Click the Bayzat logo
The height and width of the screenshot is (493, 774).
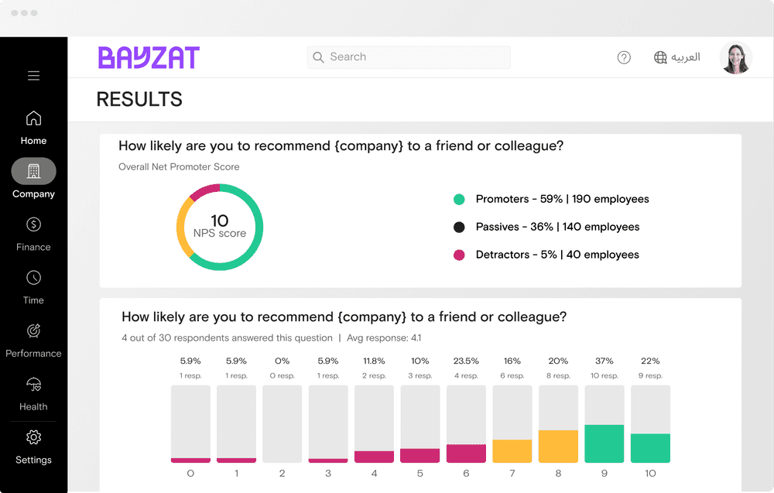[x=149, y=57]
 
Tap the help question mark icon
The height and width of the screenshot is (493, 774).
[x=624, y=57]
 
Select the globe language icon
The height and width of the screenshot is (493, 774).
[x=660, y=57]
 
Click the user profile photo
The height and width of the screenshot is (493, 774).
[x=735, y=58]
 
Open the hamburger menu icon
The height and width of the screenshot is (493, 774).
[x=33, y=76]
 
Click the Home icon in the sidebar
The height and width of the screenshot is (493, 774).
[x=33, y=118]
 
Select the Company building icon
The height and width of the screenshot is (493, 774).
[x=33, y=171]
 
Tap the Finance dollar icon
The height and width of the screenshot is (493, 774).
[x=33, y=224]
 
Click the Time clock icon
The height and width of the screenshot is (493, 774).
[x=33, y=278]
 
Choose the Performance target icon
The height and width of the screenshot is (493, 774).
[x=33, y=331]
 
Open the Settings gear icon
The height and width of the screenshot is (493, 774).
[x=33, y=437]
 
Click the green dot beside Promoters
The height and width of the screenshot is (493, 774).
[x=459, y=200]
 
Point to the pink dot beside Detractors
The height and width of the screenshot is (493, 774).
[x=459, y=255]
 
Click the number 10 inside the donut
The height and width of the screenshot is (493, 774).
[x=220, y=221]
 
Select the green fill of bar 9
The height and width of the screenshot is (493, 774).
[x=604, y=443]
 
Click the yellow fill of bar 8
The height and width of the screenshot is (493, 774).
[x=558, y=447]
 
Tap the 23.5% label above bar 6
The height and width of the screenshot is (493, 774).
[x=466, y=361]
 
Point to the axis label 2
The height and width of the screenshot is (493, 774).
[x=282, y=473]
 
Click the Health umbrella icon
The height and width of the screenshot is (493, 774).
[x=33, y=385]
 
